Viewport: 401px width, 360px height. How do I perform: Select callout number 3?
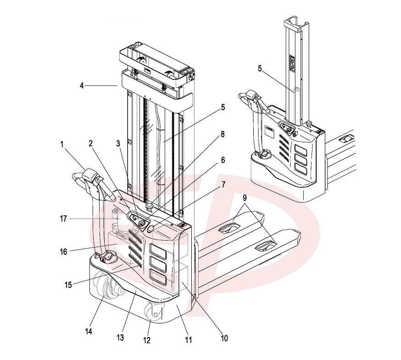point(119,143)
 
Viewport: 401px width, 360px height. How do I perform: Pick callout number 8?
point(223,135)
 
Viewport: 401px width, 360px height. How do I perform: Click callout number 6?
point(223,160)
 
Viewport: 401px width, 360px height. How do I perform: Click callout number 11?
point(189,340)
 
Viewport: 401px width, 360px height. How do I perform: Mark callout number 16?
point(63,252)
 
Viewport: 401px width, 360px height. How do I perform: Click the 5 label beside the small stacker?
point(260,68)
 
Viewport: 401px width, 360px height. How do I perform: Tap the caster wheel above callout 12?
point(155,314)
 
